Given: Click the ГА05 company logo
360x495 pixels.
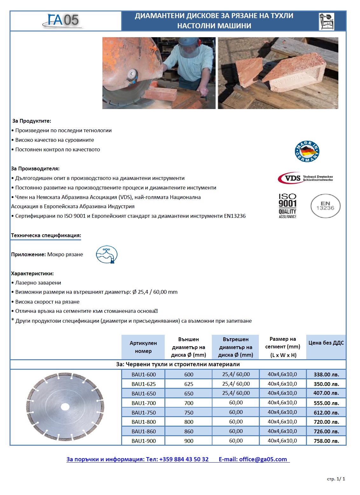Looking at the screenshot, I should (63, 21).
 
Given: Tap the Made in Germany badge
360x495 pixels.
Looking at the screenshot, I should (307, 151).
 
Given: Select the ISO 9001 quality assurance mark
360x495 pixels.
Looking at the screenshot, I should (287, 206).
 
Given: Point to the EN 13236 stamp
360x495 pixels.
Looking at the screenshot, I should (325, 206).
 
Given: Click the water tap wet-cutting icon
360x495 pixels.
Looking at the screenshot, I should (107, 254).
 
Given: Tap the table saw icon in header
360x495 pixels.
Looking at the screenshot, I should (326, 21).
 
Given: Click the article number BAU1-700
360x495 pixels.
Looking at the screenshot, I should (143, 403).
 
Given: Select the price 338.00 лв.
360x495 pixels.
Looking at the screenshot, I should (326, 375).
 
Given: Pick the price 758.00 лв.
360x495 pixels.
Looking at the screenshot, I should (326, 441).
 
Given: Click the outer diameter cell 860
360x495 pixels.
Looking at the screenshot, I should (189, 431).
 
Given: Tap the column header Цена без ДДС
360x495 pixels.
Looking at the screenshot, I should (326, 343).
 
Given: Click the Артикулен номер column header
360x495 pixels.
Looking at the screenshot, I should (143, 347).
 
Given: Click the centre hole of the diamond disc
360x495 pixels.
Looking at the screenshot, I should (65, 407).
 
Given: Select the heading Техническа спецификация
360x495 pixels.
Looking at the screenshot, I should (46, 236).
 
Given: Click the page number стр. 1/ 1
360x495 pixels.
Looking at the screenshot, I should (336, 479).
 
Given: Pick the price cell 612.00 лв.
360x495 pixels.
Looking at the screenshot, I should (326, 412).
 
